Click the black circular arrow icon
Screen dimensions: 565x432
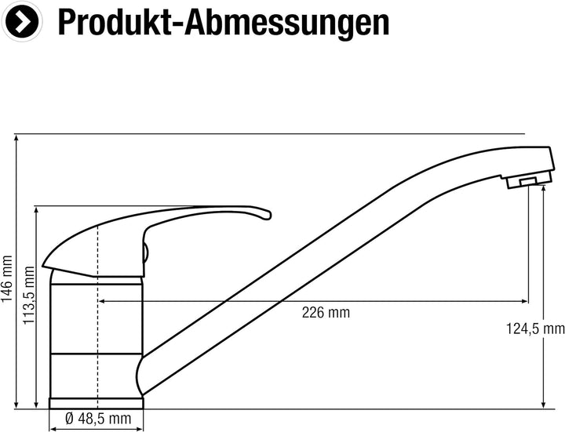coord(22,22)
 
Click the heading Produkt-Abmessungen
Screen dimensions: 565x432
coord(224,22)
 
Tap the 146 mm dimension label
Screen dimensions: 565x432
coord(6,279)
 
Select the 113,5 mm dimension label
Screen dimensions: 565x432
coord(28,296)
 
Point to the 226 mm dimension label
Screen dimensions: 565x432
coord(326,313)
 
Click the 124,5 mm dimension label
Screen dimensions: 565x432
coord(535,329)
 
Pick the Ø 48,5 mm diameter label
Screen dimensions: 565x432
coord(98,419)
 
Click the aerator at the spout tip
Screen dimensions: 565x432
coord(529,180)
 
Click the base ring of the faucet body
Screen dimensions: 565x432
coord(97,403)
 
